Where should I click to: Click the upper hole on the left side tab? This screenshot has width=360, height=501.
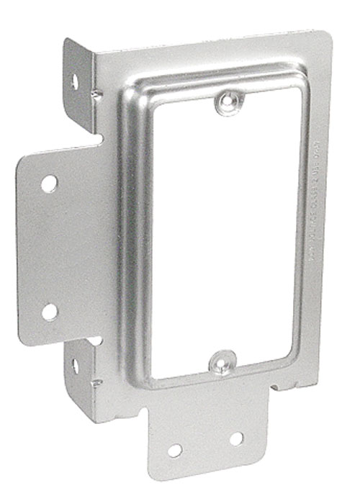coord(48,183)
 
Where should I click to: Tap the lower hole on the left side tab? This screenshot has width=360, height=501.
coord(49,312)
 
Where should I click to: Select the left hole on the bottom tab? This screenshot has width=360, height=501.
coord(175,451)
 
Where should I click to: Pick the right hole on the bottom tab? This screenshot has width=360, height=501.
coord(235,438)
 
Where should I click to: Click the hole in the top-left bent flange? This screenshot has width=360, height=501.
coord(74,81)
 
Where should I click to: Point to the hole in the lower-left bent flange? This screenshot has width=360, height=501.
coord(75,365)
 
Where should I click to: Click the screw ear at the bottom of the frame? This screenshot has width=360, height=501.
coord(222,361)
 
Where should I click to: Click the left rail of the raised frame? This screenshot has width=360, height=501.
coord(131,238)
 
